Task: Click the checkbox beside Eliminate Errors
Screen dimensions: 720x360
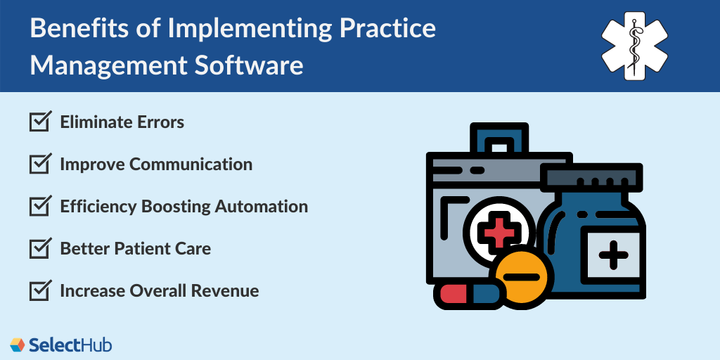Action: [x=40, y=122]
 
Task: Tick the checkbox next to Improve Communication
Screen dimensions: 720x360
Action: [x=40, y=164]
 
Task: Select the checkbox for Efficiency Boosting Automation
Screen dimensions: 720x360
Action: [x=40, y=206]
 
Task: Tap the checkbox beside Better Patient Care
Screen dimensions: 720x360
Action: [x=40, y=248]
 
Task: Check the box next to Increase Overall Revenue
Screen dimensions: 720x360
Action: [x=40, y=290]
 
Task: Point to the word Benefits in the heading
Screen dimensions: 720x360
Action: [x=86, y=28]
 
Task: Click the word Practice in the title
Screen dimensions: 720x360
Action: [x=384, y=28]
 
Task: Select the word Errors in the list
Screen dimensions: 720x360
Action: [x=161, y=122]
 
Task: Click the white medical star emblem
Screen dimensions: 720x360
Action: [x=634, y=46]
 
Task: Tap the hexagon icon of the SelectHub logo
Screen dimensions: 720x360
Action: [x=18, y=345]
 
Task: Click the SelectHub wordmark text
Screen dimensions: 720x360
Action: [x=70, y=345]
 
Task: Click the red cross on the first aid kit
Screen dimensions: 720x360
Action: [x=499, y=231]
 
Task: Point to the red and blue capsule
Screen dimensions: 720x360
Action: [x=466, y=295]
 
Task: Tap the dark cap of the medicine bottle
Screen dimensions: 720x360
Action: [x=591, y=177]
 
